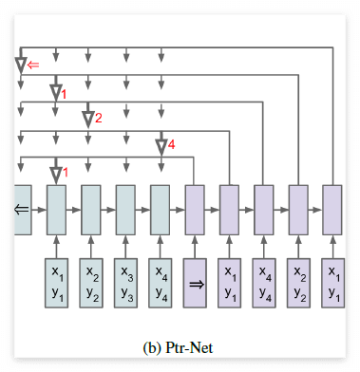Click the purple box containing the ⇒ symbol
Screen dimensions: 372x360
(x=194, y=282)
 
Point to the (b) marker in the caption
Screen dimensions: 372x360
(x=152, y=347)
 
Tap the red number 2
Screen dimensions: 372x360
(x=98, y=118)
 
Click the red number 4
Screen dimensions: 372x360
(x=172, y=144)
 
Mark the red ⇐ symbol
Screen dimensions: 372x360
(x=34, y=65)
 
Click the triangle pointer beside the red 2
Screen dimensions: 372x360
(x=87, y=119)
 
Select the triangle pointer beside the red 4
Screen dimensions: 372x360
(x=161, y=145)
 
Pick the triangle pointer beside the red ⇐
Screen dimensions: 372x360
(x=21, y=65)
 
